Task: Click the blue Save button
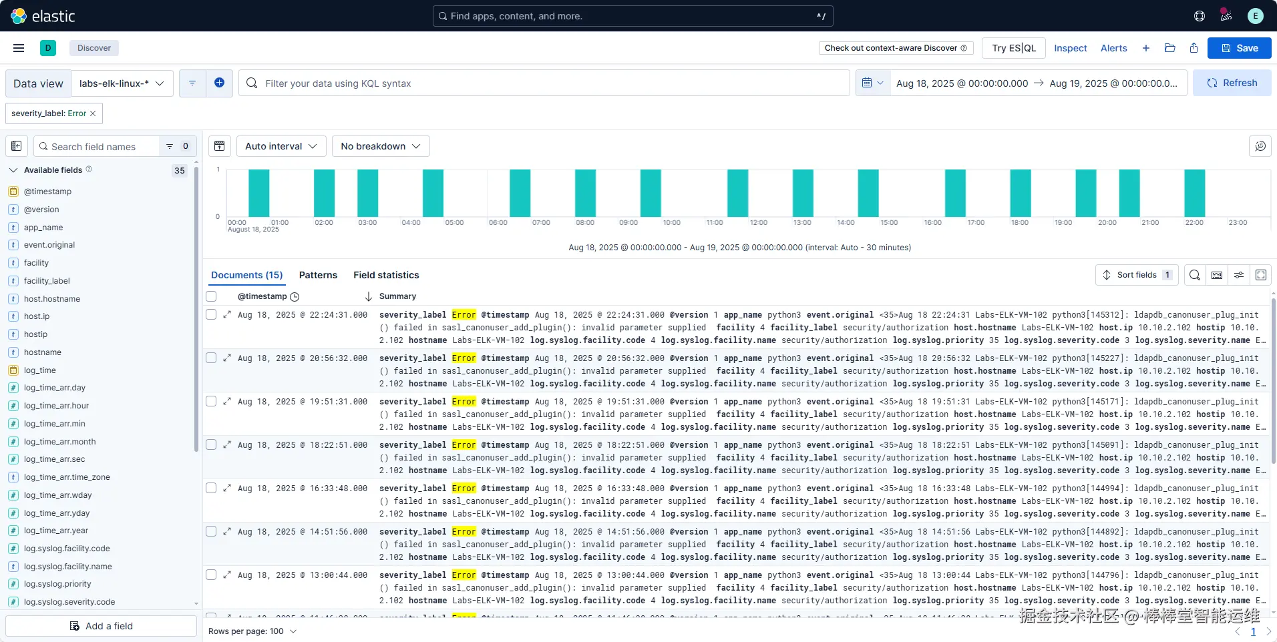pos(1239,48)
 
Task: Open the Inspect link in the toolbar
pos(1070,48)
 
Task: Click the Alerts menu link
pos(1113,48)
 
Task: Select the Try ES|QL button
pos(1013,48)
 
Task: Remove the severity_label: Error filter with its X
pos(93,113)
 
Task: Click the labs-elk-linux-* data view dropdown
pos(122,83)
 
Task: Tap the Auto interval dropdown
pos(281,146)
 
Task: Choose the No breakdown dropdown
pos(380,146)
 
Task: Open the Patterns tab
pos(318,275)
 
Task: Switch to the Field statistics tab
pos(386,275)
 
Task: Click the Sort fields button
pos(1136,275)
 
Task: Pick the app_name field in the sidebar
pos(43,228)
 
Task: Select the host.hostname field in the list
pos(52,299)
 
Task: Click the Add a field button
pos(102,626)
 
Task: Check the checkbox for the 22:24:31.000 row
pos(211,314)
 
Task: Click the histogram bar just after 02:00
pos(324,193)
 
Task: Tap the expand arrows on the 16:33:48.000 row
pos(227,488)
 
